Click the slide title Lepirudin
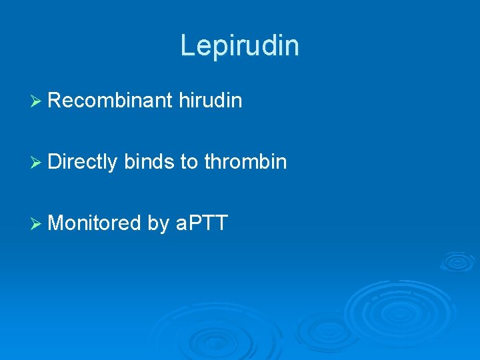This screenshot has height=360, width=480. (x=239, y=45)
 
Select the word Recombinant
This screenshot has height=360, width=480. (x=109, y=101)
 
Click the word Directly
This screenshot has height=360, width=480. (x=83, y=161)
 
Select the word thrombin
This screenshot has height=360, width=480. (x=246, y=161)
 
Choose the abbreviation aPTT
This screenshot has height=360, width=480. (x=202, y=223)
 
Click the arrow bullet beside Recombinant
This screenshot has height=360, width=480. (x=37, y=101)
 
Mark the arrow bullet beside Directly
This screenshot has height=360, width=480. (x=37, y=162)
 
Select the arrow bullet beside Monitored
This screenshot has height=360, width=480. (x=37, y=223)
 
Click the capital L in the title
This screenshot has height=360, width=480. (x=187, y=45)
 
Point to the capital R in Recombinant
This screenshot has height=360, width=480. (x=55, y=101)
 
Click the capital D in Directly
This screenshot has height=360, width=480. (x=55, y=161)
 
